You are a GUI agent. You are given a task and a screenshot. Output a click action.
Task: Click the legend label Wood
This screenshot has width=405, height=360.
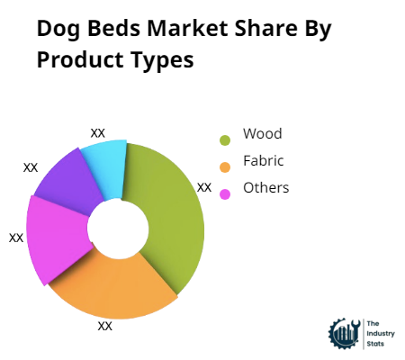262,134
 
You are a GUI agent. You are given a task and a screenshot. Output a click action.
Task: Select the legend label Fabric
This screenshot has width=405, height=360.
263,161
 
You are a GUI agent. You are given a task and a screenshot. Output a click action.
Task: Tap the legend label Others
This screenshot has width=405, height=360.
265,188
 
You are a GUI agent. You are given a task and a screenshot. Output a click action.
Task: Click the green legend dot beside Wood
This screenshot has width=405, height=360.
224,139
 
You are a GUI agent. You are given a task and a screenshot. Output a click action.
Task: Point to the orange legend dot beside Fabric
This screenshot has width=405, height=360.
224,166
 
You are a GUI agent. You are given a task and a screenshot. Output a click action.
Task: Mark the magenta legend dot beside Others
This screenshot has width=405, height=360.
224,193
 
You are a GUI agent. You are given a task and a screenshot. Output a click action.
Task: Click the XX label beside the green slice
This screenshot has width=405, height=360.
204,187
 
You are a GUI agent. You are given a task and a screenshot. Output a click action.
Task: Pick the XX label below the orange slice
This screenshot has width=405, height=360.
105,326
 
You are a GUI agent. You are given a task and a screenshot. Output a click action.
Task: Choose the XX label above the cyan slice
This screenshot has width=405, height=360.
98,132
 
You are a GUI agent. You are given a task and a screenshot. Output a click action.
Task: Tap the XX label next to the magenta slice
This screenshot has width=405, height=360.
16,238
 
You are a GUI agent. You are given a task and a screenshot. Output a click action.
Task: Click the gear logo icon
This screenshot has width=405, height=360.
343,333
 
